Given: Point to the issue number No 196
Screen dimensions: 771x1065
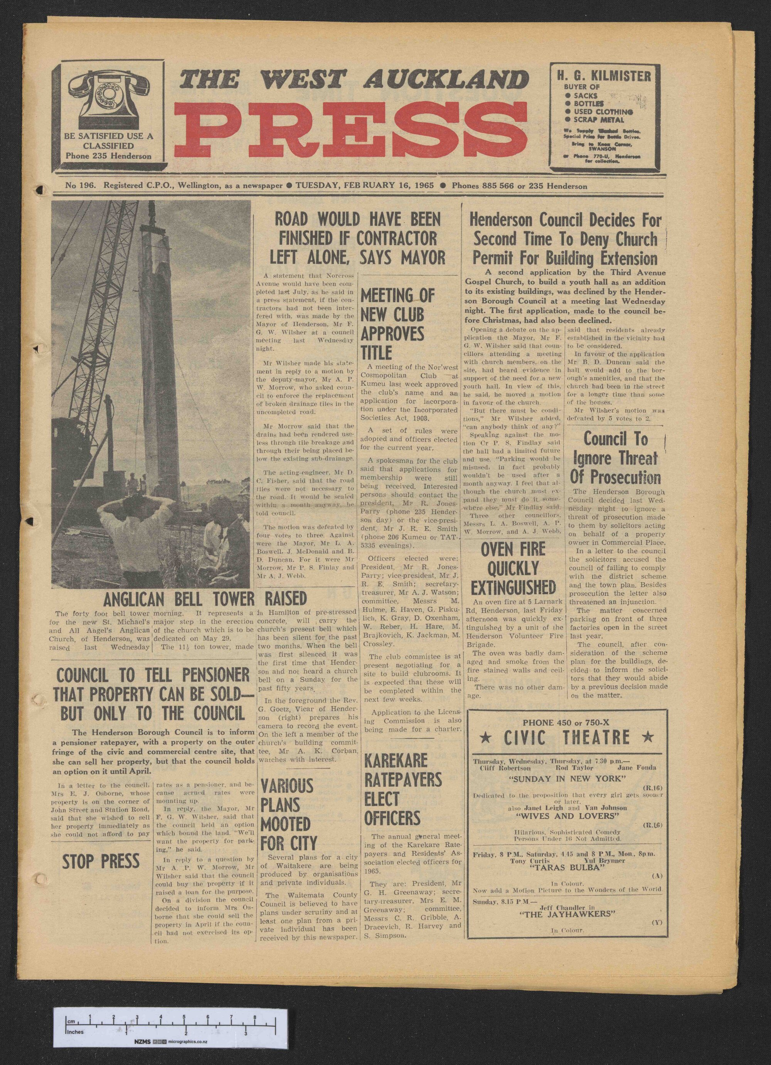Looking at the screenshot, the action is click(x=81, y=186).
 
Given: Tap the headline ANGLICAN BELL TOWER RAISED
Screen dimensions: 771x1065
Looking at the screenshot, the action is click(x=205, y=599).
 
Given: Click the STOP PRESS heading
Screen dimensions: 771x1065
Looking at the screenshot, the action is click(x=101, y=861).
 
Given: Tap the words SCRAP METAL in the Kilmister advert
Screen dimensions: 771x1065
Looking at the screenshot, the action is click(x=600, y=119).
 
